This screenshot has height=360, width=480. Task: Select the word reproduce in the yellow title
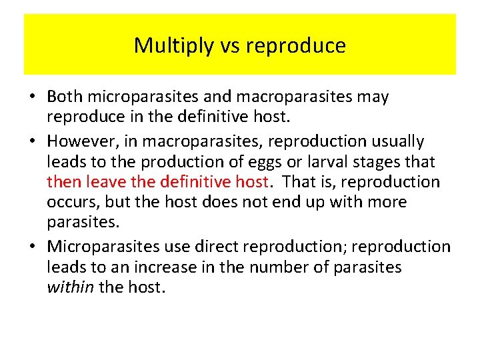coord(295,46)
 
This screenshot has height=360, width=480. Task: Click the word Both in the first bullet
coord(65,97)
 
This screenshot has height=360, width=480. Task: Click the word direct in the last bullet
coord(214,247)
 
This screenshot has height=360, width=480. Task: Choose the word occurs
coord(70,202)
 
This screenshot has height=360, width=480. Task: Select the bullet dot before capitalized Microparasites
coord(32,247)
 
